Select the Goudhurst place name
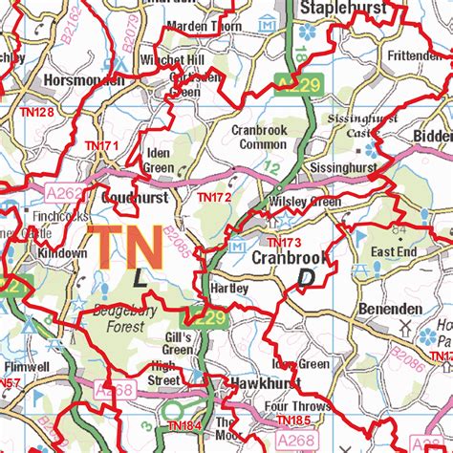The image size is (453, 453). click(x=134, y=197)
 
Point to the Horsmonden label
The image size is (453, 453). click(x=85, y=79)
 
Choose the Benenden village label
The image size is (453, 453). click(x=390, y=310)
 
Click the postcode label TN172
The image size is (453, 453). click(x=215, y=197)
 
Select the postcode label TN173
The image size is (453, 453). click(x=284, y=244)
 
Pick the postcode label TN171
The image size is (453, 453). click(x=102, y=145)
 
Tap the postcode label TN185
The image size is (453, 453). click(x=293, y=420)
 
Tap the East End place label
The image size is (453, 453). click(x=394, y=251)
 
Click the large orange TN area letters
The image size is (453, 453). click(x=124, y=247)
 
